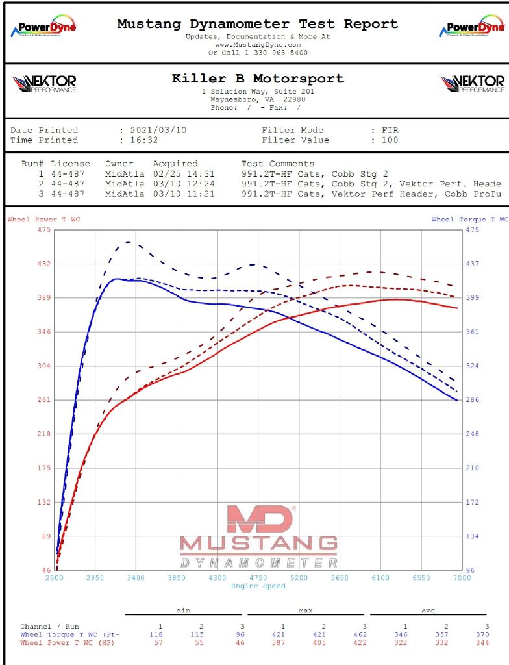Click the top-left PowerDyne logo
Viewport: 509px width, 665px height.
[43, 27]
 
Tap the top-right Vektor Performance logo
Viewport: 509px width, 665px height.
[472, 84]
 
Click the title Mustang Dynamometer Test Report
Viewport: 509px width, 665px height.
[258, 24]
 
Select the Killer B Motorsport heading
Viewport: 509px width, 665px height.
[258, 79]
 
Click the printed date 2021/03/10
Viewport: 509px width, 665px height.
[158, 130]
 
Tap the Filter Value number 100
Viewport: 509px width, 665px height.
[390, 140]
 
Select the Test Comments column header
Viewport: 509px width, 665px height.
[277, 164]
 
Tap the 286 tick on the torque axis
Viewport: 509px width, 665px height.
[472, 400]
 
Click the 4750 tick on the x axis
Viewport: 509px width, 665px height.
[258, 577]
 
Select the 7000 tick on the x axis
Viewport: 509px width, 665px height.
[462, 577]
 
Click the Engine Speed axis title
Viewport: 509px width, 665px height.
[258, 586]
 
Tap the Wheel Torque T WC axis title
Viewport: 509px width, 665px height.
[469, 220]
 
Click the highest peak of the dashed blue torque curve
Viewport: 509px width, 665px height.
[128, 242]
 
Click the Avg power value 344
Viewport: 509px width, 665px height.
[485, 643]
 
